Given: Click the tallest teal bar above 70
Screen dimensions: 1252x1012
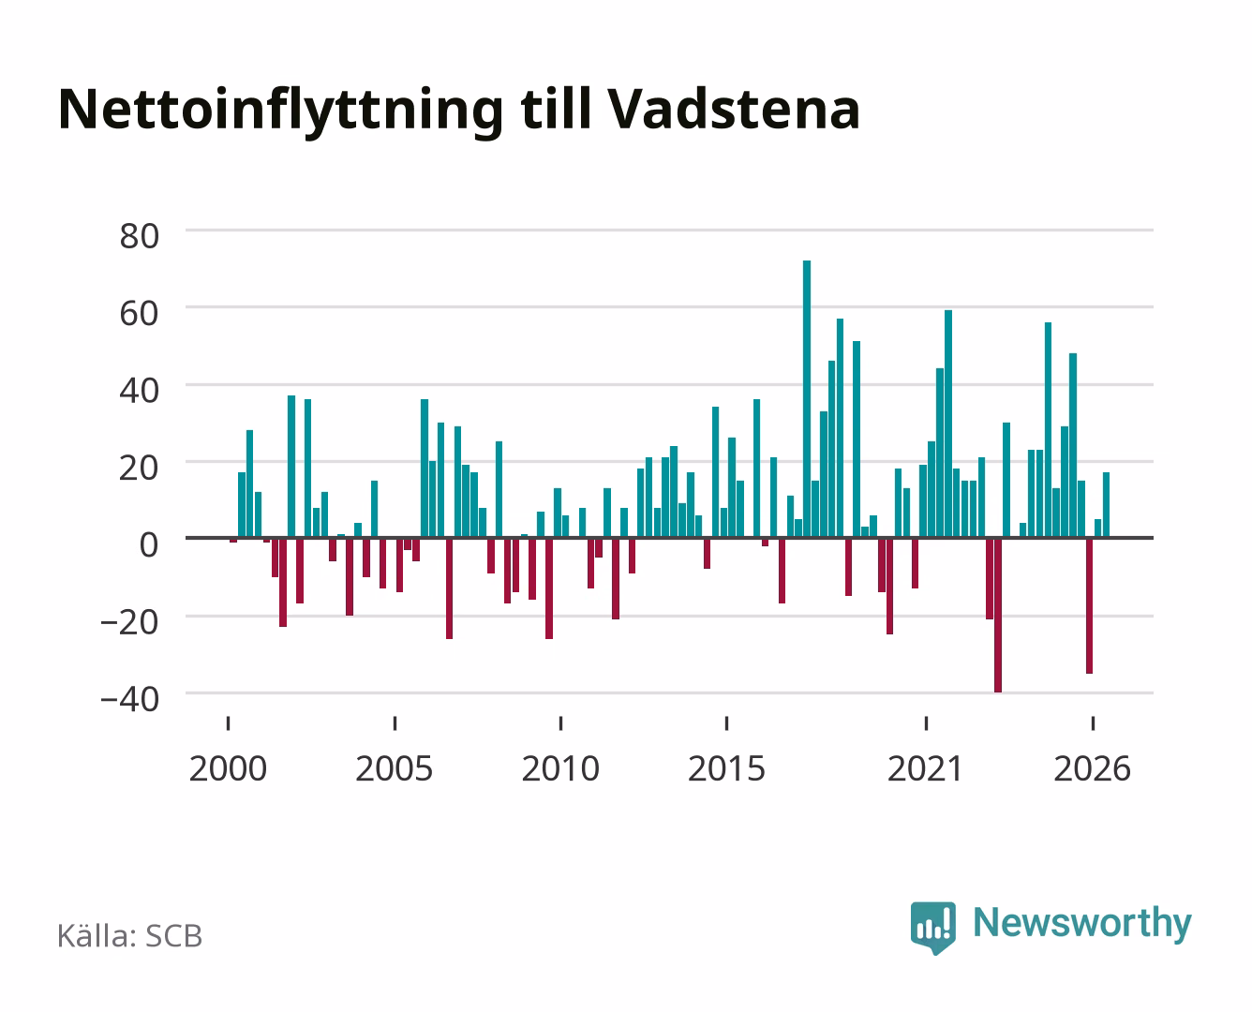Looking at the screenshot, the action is pos(807,398).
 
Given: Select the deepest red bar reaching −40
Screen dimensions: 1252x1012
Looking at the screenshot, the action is pos(998,616).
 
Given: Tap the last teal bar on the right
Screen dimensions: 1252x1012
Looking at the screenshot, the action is pos(1106,505).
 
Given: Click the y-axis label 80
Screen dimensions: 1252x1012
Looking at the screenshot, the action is pos(140,236).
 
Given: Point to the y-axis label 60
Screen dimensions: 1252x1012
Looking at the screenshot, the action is pos(140,313).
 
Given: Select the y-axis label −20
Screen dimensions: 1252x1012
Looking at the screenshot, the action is pos(130,622).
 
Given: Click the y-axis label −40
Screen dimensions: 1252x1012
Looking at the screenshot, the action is pos(130,699).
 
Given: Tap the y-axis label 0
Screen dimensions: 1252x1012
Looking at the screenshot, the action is pos(149,544).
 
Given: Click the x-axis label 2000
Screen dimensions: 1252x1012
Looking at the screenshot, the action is pos(228,768).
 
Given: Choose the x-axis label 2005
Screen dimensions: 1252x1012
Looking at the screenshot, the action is pos(395,768).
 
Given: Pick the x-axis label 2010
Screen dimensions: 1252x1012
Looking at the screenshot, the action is pos(560,768).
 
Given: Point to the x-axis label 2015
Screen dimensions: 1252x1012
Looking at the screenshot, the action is pos(727,768).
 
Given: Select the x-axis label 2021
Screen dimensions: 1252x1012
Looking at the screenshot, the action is pos(926,768).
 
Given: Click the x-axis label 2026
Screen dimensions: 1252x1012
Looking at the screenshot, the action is pos(1093,768).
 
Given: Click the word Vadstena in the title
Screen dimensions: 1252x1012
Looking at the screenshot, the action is pos(734,110).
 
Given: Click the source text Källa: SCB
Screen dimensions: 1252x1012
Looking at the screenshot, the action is pos(130,935).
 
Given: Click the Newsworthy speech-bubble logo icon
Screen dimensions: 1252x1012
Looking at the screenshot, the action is pos(933,928).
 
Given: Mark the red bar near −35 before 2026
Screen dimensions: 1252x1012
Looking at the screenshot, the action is pos(1089,606).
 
